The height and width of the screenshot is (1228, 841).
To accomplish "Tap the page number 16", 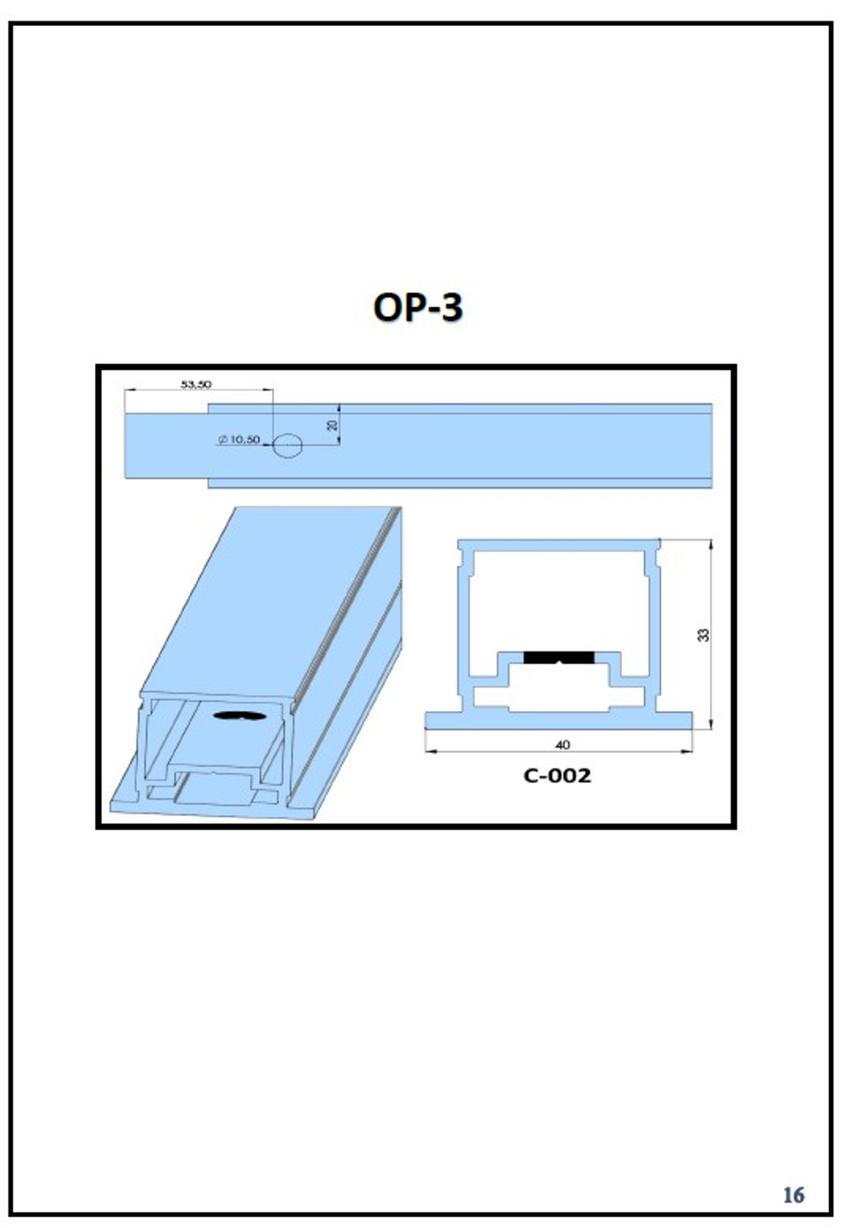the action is (793, 1194).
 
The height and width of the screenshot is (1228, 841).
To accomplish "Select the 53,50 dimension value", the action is (196, 384).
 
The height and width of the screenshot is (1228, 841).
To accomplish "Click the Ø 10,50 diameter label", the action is (239, 439).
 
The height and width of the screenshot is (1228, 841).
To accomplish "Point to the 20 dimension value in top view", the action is (332, 424).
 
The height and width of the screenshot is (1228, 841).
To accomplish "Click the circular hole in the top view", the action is (288, 445).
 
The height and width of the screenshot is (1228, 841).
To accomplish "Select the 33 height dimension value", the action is (703, 635).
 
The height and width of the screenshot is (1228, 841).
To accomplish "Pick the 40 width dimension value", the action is (563, 745).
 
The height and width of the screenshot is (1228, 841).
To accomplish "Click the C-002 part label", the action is (558, 776).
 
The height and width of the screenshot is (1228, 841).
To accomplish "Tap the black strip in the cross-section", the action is (559, 657).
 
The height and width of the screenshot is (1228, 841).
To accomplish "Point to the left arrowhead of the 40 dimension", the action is (431, 751).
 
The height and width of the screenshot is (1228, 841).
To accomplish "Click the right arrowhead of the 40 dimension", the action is (687, 751).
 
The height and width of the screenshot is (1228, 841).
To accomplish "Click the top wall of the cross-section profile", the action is (559, 545).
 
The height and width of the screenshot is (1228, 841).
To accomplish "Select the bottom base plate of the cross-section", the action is (559, 721).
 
